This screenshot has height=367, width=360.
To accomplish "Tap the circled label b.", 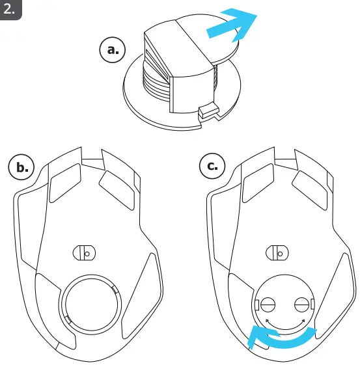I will point(21,167).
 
